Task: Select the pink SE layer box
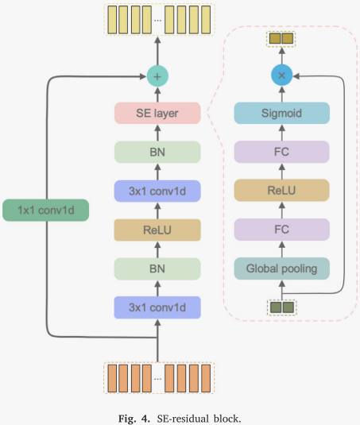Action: click(x=157, y=114)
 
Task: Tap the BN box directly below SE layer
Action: click(x=157, y=153)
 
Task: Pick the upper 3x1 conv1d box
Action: click(x=157, y=191)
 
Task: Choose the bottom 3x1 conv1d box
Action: click(x=157, y=307)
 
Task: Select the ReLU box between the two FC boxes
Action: click(x=281, y=191)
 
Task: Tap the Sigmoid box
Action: click(x=281, y=114)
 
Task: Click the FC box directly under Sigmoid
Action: click(x=281, y=153)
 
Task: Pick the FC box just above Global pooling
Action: click(x=281, y=230)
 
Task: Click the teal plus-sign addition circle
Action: click(x=157, y=76)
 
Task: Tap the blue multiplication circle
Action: click(x=281, y=75)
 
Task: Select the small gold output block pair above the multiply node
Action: click(x=281, y=38)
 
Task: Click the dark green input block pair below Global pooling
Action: click(x=281, y=306)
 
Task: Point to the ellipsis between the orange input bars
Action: click(x=157, y=377)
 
